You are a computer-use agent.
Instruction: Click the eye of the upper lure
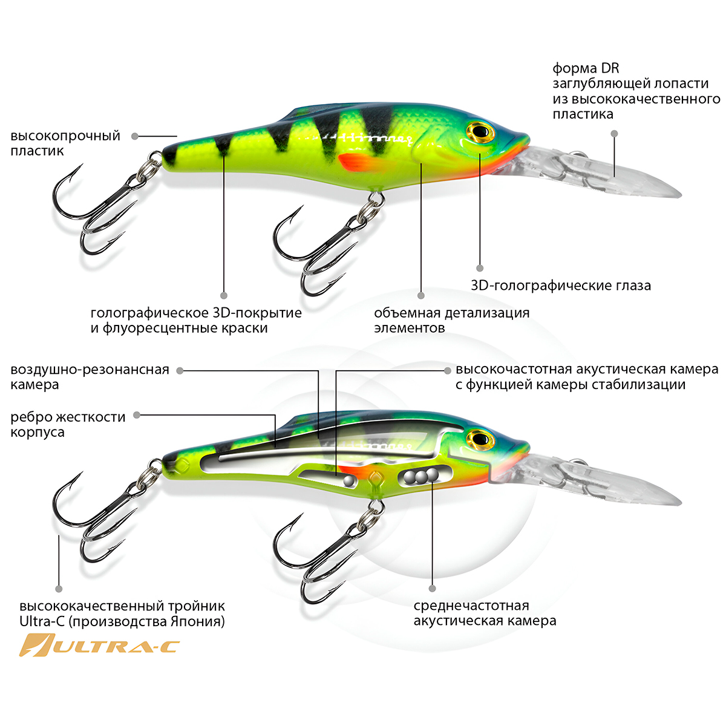(480, 129)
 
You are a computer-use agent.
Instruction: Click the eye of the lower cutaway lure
(480, 438)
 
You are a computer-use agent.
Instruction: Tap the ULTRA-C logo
(100, 646)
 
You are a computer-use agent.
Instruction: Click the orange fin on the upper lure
(356, 162)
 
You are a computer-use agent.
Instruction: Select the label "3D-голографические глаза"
(561, 286)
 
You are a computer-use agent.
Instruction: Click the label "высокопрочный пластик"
(65, 143)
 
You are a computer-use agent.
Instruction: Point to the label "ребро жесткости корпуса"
(68, 424)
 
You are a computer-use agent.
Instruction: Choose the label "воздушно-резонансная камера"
(90, 377)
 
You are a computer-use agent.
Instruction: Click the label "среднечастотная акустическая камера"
(485, 613)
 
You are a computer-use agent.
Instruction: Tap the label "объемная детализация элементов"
(451, 320)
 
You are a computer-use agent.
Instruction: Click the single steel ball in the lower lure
(348, 480)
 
